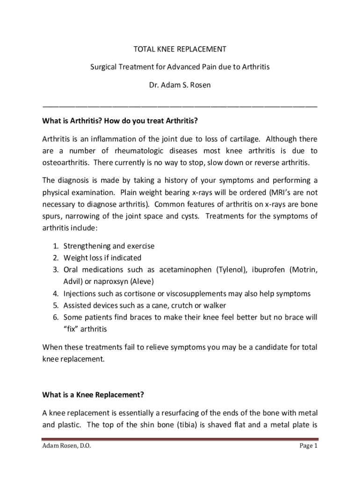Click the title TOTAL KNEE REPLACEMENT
click(180, 49)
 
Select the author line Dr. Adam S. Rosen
click(180, 85)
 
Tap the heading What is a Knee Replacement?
click(93, 395)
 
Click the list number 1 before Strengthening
click(55, 246)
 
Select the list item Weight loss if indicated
click(102, 258)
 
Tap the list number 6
click(55, 318)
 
